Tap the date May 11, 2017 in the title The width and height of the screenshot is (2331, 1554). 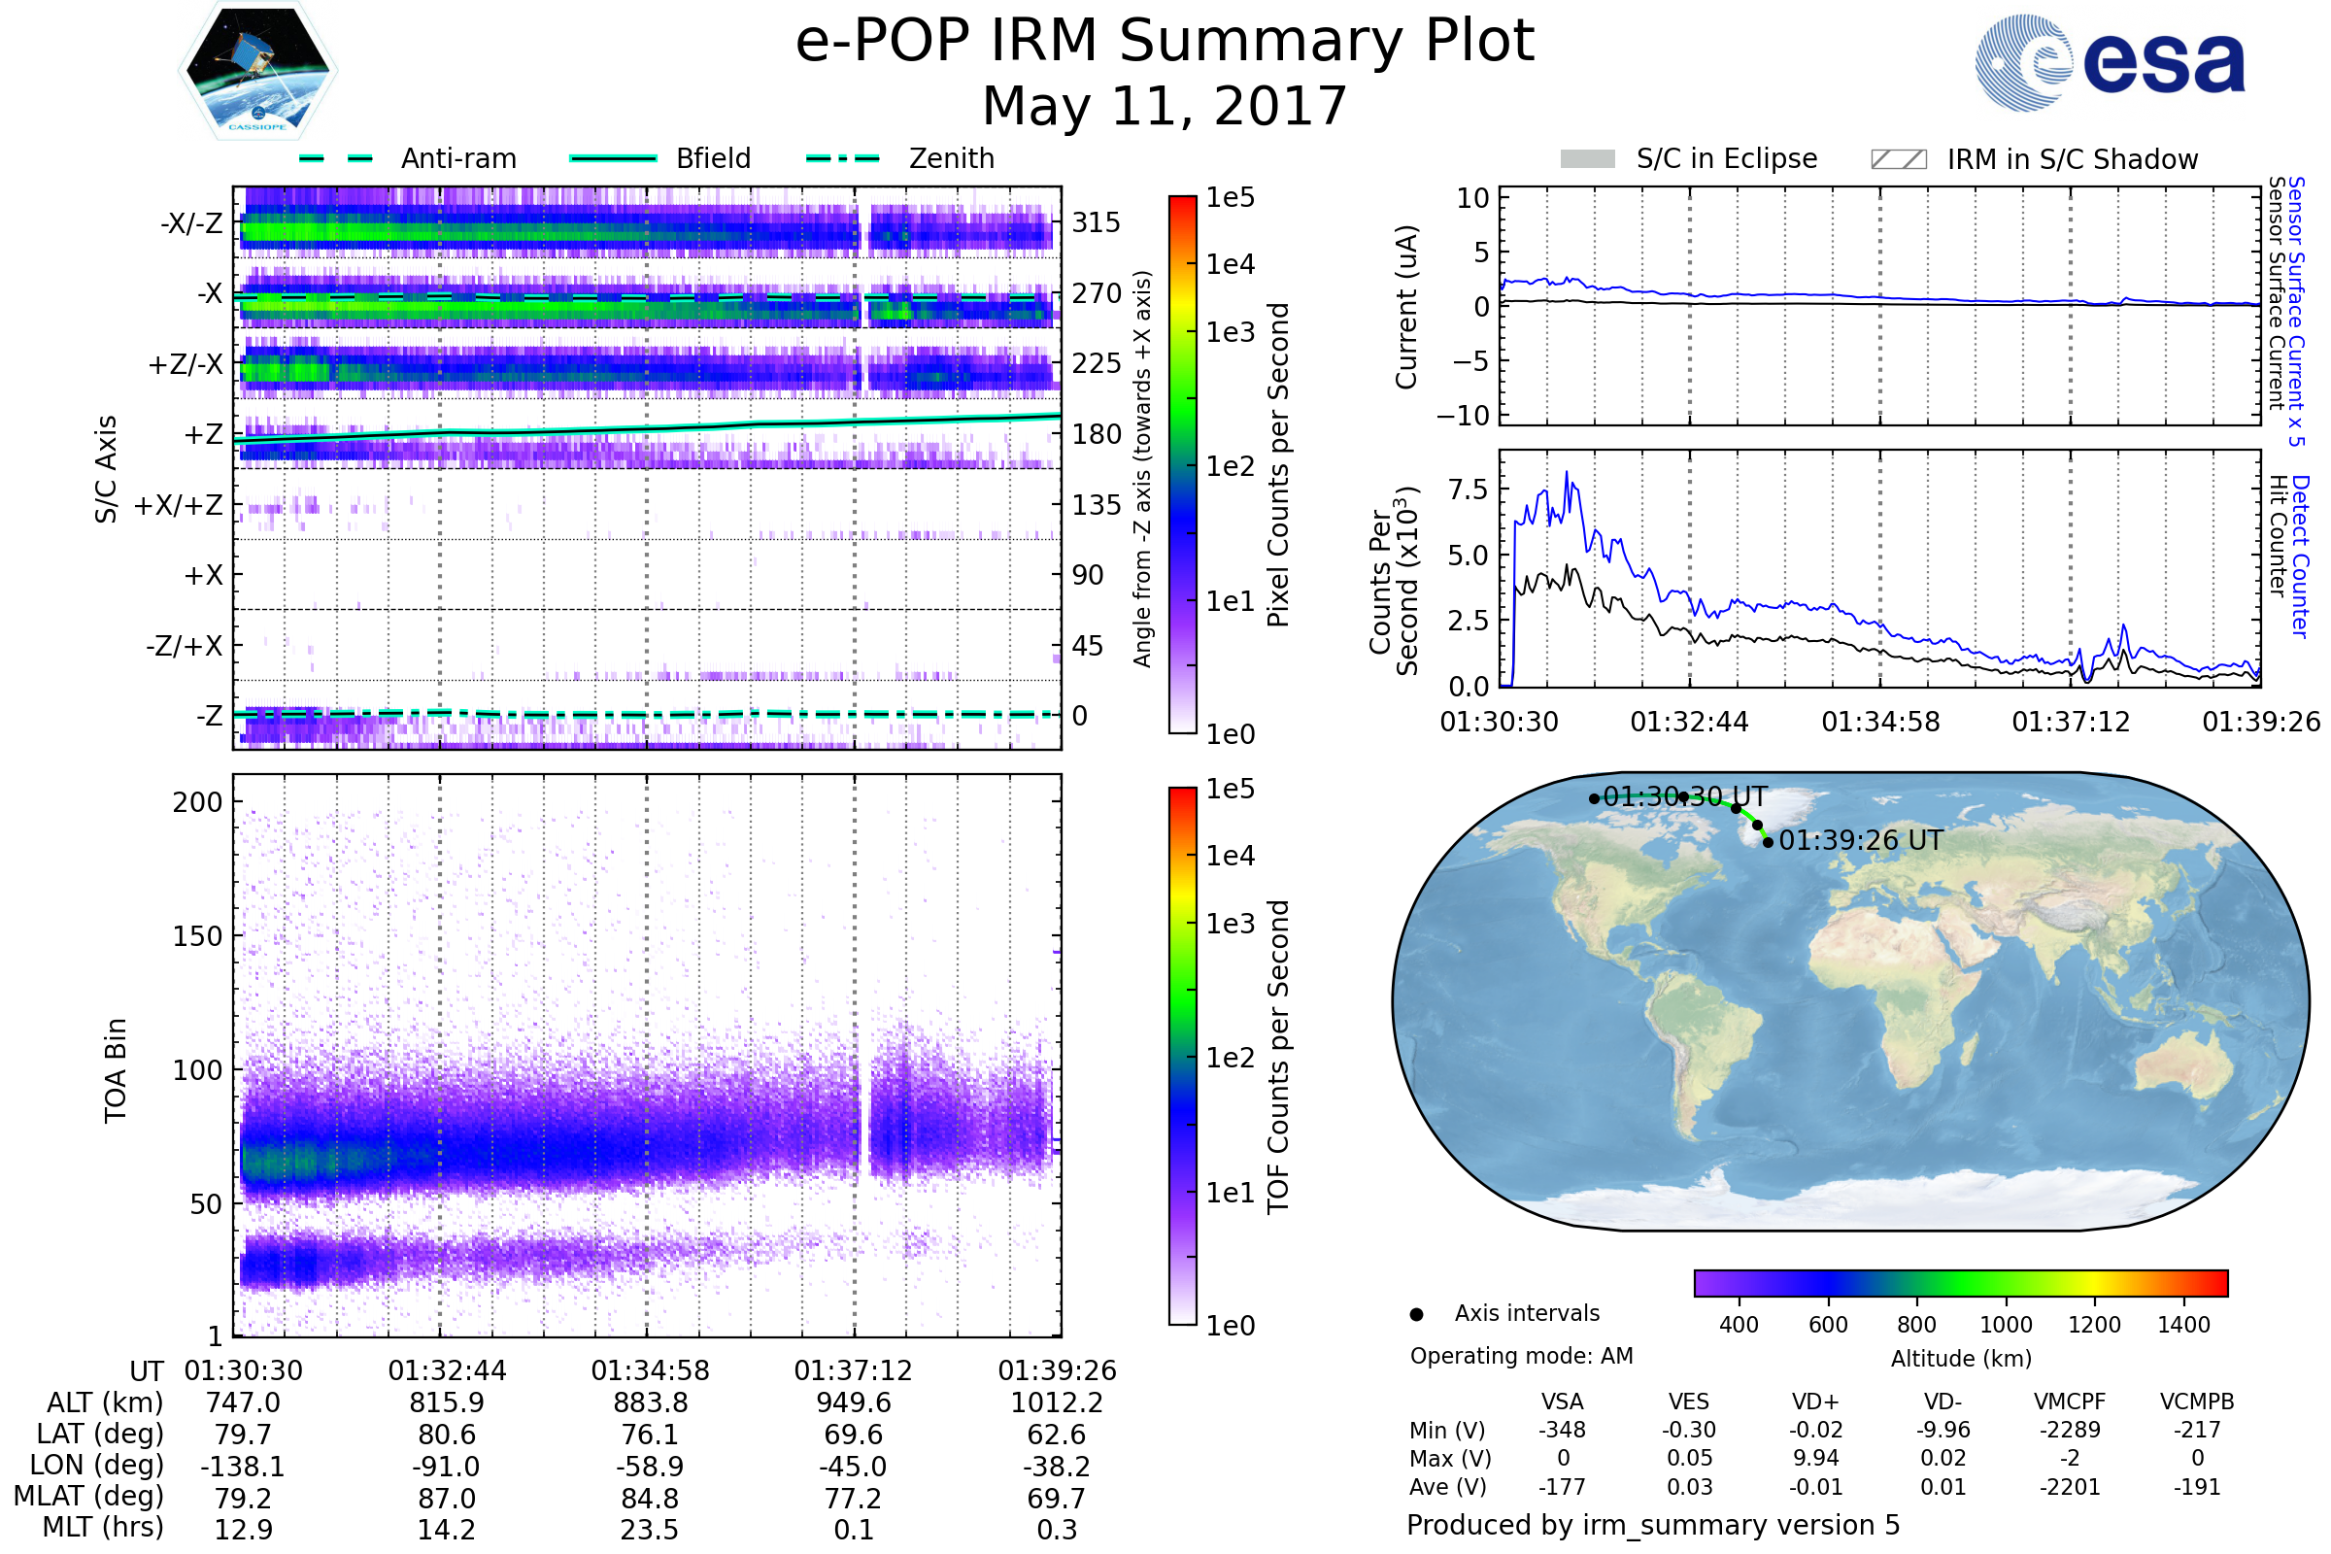coord(1164,106)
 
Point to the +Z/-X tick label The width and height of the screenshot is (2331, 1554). coord(186,365)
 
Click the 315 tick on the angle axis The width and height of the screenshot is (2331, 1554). coord(1097,222)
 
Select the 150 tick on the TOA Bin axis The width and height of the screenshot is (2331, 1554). coord(197,935)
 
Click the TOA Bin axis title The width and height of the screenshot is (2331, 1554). coord(115,1070)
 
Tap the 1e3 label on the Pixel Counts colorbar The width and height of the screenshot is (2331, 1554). coord(1230,332)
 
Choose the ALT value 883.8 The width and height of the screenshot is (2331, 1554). coord(650,1402)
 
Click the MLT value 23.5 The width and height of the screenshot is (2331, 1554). coord(649,1529)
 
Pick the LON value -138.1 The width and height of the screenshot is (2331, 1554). coord(243,1466)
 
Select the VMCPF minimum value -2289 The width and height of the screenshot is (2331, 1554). coord(2070,1430)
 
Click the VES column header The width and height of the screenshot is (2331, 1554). coord(1689,1402)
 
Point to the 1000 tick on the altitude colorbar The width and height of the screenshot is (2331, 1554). coord(2005,1325)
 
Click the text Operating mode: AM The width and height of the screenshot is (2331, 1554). coord(1521,1356)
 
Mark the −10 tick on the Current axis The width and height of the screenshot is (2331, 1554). coord(1464,416)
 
